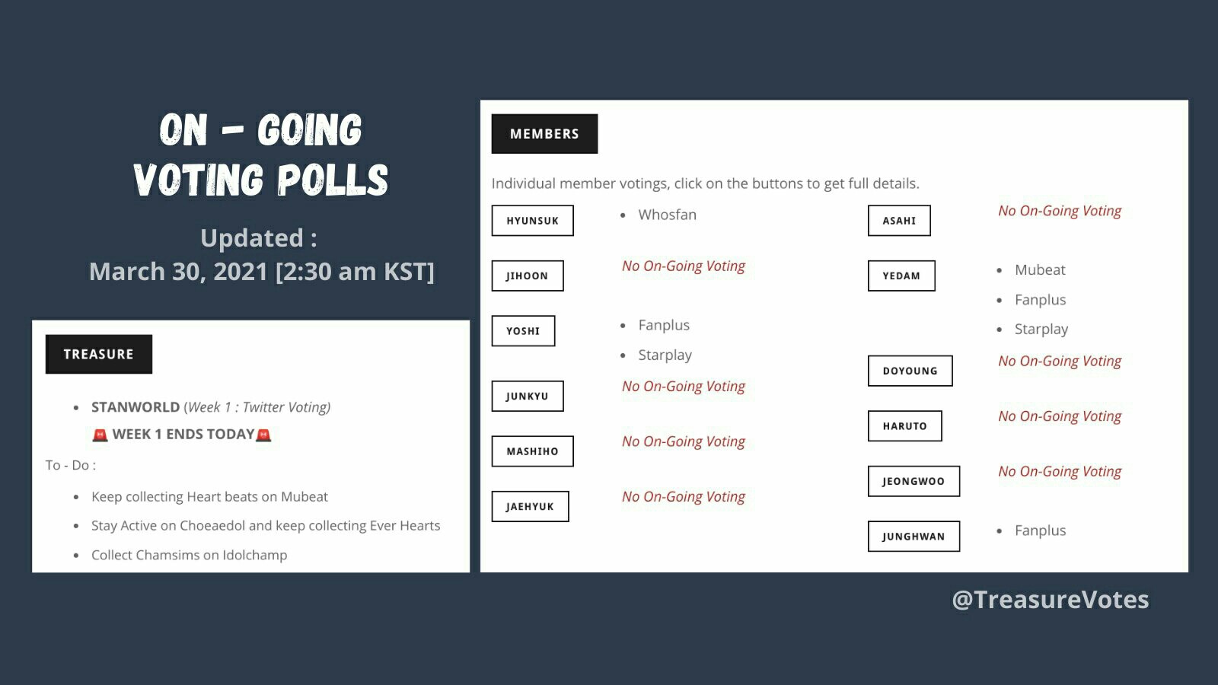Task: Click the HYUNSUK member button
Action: (x=532, y=220)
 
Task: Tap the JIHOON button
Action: (x=528, y=276)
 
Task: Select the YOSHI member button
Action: (x=523, y=330)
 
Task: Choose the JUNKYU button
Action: (x=528, y=396)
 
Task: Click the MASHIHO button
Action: (x=532, y=451)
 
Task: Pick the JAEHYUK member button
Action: (x=530, y=506)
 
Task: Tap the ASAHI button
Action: (x=899, y=220)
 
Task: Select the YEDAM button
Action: (x=901, y=276)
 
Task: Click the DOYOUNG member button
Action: (x=910, y=371)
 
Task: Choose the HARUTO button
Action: (x=905, y=425)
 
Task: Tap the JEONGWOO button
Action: (x=913, y=481)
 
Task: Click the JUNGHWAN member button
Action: (x=913, y=536)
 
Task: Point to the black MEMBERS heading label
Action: (x=544, y=134)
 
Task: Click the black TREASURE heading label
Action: (x=98, y=354)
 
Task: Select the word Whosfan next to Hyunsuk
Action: (x=667, y=215)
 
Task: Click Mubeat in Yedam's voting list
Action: (x=1040, y=269)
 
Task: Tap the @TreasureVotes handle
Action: (x=1050, y=600)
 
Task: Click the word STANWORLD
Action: (x=136, y=406)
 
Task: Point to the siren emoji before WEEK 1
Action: (x=100, y=435)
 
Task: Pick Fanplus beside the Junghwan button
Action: (x=1040, y=530)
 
